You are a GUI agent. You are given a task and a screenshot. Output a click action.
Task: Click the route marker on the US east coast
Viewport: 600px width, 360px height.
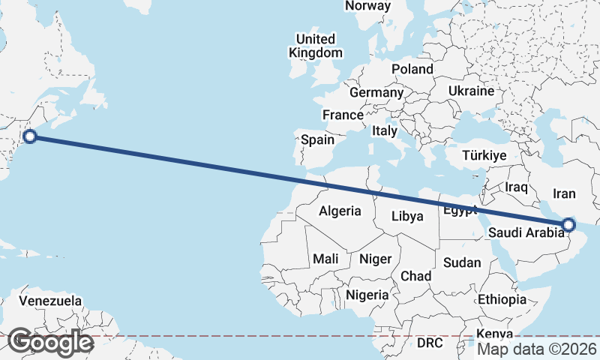[x=30, y=136]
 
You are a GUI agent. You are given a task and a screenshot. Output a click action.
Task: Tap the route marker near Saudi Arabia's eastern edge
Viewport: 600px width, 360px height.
[x=568, y=224]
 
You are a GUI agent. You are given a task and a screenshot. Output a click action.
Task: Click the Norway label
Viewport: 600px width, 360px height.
[x=367, y=6]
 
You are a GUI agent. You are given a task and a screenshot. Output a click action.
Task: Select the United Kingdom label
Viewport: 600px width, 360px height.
[x=316, y=46]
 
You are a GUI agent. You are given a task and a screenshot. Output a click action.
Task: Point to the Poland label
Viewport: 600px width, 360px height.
[x=412, y=69]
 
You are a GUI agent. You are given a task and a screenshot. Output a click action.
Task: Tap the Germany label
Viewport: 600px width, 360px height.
[x=376, y=92]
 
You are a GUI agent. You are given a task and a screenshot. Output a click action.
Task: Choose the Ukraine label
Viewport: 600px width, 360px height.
[x=471, y=91]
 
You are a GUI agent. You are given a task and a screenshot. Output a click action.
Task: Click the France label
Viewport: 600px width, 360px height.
[x=343, y=115]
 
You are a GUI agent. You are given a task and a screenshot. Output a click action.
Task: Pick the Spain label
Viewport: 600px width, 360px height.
[x=317, y=139]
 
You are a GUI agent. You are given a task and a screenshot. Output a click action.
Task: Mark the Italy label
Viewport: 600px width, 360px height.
[x=385, y=130]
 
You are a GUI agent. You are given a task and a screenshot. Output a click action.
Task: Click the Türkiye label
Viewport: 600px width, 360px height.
[x=484, y=155]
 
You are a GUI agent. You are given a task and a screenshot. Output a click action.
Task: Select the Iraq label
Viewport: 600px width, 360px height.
[x=517, y=186]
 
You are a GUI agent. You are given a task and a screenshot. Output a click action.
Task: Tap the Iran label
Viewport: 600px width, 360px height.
[x=564, y=193]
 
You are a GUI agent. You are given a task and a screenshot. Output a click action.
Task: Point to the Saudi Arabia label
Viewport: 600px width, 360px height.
[x=526, y=232]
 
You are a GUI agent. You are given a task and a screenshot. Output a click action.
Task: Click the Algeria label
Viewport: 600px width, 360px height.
[x=340, y=211]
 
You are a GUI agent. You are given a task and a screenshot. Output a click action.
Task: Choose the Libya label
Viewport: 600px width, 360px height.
[x=408, y=217]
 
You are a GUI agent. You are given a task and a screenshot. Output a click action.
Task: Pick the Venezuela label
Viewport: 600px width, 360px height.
[x=50, y=301]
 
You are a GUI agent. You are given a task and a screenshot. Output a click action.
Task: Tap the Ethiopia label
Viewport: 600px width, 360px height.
[x=502, y=299]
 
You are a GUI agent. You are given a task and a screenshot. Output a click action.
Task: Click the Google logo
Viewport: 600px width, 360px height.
[x=50, y=342]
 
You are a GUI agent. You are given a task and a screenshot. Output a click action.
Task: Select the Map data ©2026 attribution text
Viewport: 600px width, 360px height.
[x=537, y=349]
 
